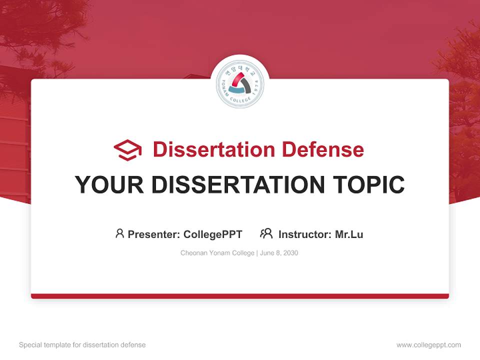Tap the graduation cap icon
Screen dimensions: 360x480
point(127,150)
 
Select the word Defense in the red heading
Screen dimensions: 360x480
point(322,149)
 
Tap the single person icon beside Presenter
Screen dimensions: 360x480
point(119,233)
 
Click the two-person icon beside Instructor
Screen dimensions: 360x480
point(266,233)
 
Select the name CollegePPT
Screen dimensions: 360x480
point(213,234)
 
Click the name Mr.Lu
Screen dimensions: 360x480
point(349,234)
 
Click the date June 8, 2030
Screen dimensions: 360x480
point(279,253)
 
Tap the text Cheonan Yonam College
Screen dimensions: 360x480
point(217,253)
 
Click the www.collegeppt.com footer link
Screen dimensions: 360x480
point(428,345)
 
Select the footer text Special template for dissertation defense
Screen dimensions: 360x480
point(82,345)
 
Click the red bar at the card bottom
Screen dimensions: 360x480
point(240,296)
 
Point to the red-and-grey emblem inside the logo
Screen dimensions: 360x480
point(240,83)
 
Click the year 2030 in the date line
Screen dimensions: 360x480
point(290,253)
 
